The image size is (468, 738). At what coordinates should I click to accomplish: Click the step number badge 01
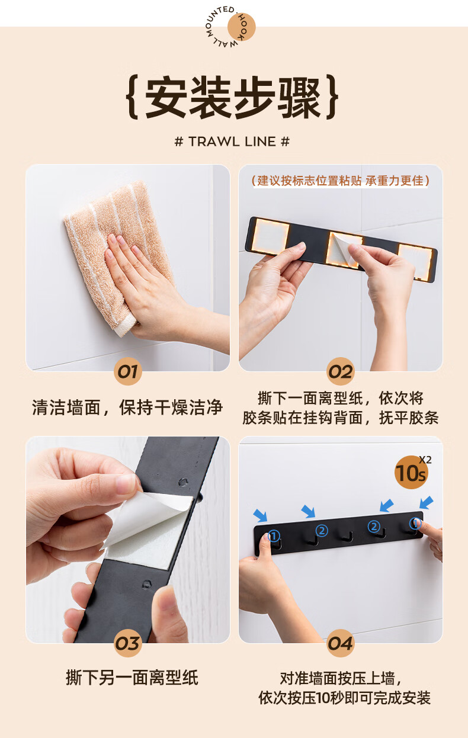127,371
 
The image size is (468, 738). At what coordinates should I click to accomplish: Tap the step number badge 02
341,371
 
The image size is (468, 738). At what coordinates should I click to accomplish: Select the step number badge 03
128,643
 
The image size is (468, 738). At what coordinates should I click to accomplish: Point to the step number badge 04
341,643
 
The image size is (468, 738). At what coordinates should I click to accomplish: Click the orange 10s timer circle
411,472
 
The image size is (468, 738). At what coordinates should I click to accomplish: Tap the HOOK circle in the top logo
242,27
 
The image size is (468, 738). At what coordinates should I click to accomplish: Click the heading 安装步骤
232,98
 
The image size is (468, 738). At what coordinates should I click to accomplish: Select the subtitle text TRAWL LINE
232,142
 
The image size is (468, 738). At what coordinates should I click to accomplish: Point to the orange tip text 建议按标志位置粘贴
309,181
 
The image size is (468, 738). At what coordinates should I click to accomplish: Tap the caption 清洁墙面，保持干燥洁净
127,407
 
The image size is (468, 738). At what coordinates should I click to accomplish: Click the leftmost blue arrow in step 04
261,515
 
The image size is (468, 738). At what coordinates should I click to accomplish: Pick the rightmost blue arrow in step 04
426,503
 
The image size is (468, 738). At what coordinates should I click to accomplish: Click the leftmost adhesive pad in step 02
270,236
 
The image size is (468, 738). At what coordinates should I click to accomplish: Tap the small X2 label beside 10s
425,460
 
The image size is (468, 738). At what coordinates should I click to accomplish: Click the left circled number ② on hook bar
322,531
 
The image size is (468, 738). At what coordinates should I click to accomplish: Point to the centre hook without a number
347,537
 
